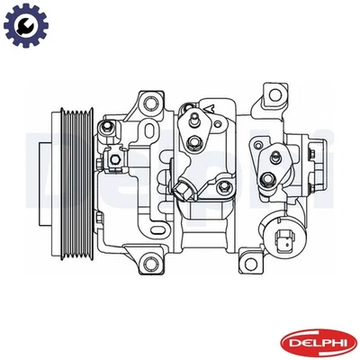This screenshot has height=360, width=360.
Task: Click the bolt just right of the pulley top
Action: click(107, 133)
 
